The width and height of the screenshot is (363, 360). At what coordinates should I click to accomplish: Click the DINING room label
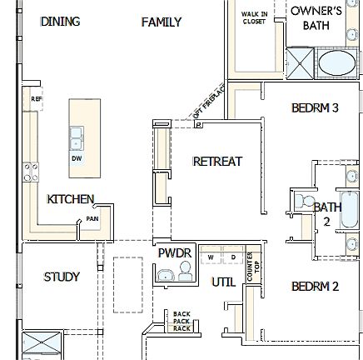tap(61, 22)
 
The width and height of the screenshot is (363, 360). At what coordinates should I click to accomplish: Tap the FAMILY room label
tap(162, 22)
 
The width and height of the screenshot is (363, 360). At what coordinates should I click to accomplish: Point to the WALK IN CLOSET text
tap(254, 17)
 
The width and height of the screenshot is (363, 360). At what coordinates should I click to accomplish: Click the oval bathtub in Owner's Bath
tap(336, 63)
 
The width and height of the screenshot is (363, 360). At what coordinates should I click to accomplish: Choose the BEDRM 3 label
tap(315, 107)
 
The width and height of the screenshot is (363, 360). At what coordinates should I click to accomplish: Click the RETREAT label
tap(217, 161)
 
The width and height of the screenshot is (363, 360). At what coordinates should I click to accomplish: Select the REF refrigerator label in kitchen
tap(35, 97)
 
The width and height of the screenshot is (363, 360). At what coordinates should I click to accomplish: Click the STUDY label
tap(61, 277)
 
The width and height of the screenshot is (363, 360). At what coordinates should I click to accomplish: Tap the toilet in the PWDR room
tap(185, 269)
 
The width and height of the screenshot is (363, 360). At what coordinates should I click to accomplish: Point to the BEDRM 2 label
tap(315, 287)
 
